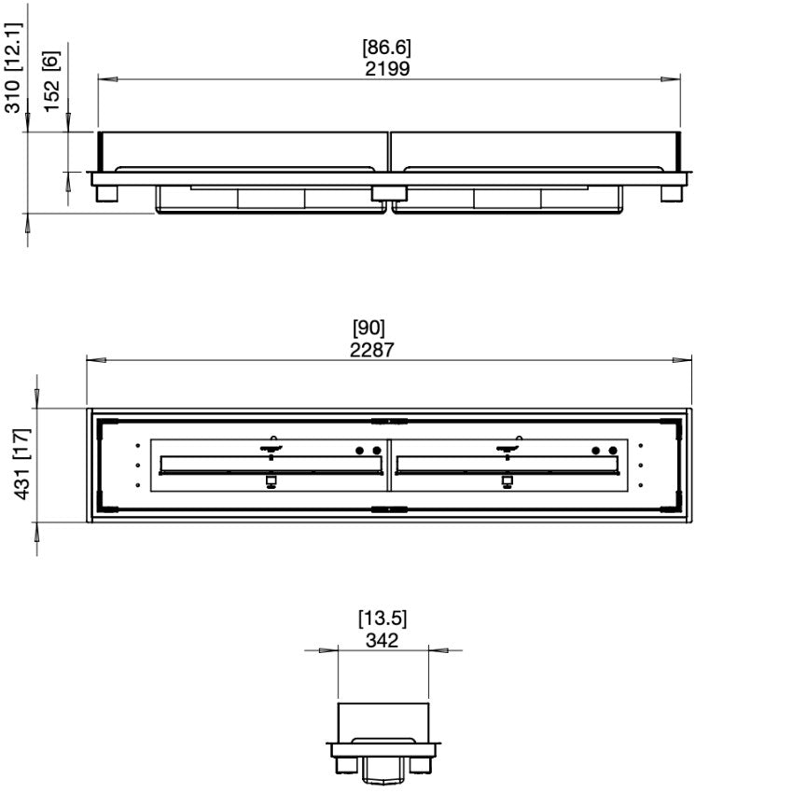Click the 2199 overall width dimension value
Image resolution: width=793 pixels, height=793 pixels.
point(389,68)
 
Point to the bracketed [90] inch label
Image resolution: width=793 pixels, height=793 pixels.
point(369,328)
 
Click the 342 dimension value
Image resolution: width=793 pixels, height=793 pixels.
point(382,640)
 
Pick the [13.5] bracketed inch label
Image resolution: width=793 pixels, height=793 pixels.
point(383,619)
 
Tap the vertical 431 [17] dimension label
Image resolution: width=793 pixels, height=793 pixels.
point(21,464)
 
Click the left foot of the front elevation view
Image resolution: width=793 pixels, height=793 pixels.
point(104,193)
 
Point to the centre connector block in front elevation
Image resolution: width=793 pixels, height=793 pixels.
point(388,192)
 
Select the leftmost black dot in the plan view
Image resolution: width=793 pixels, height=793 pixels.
point(360,451)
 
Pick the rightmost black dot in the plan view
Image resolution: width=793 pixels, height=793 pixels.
point(613,451)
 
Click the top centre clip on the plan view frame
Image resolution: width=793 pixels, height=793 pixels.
point(387,420)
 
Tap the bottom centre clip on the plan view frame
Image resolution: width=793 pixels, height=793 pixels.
point(387,509)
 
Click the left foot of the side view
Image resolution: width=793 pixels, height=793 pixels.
point(343,764)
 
